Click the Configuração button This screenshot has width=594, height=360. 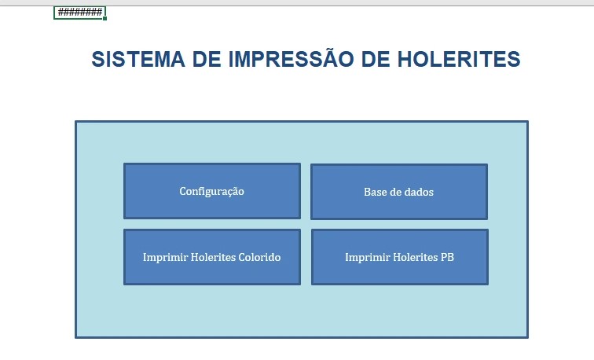tap(211, 191)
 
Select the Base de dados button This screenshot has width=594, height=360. tap(398, 191)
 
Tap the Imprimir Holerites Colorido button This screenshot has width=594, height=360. tap(211, 257)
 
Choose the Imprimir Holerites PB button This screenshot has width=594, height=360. tap(399, 257)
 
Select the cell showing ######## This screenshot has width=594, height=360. tap(79, 12)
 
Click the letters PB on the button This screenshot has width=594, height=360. tap(446, 257)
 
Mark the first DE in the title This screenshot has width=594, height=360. tap(207, 60)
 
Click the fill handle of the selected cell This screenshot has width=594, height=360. tap(104, 18)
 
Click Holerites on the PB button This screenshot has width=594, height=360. tap(414, 257)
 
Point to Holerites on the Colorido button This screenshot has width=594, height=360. tap(211, 257)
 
